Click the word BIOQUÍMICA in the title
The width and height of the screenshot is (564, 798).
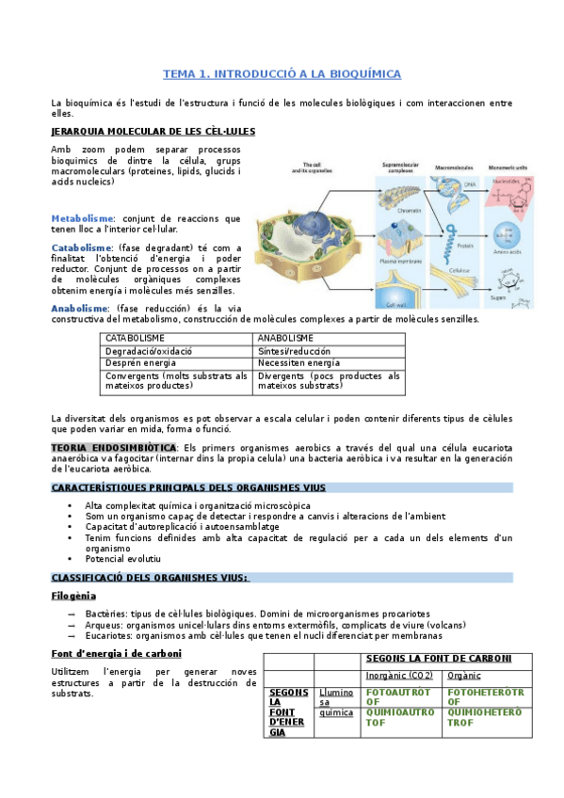click(362, 73)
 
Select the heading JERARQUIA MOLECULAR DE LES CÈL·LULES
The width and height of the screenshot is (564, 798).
click(153, 132)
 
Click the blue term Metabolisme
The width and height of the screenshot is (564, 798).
click(83, 217)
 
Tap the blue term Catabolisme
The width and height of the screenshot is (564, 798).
click(82, 247)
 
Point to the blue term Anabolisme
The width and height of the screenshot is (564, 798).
click(80, 308)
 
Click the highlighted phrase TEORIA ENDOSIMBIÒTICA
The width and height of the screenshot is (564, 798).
click(113, 447)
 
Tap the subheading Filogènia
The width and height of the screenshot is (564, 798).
click(73, 596)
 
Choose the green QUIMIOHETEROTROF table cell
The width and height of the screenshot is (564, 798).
click(484, 717)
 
